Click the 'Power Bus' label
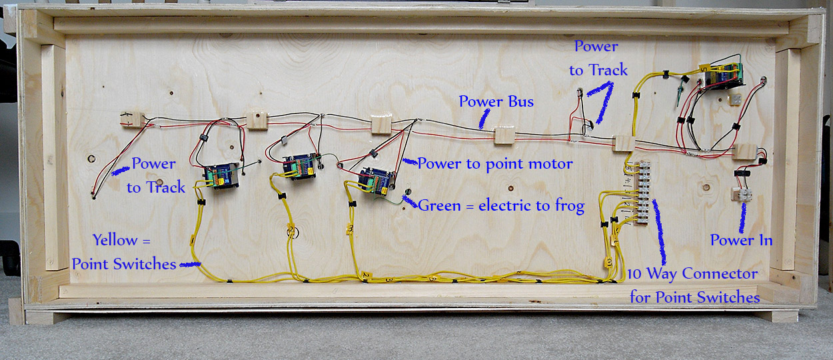(x=496, y=102)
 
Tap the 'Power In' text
(x=741, y=240)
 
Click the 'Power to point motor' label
(x=494, y=163)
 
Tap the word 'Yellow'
(x=115, y=239)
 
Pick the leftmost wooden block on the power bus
(x=132, y=119)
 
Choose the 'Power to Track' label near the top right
(x=597, y=58)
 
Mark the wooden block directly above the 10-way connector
(x=624, y=143)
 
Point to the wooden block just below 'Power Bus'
(x=504, y=135)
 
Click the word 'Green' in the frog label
(x=438, y=205)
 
